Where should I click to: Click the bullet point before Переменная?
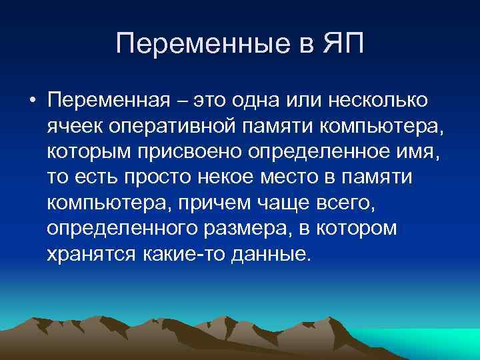[31, 101]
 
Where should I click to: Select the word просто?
[151, 177]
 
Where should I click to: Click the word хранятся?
[91, 253]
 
